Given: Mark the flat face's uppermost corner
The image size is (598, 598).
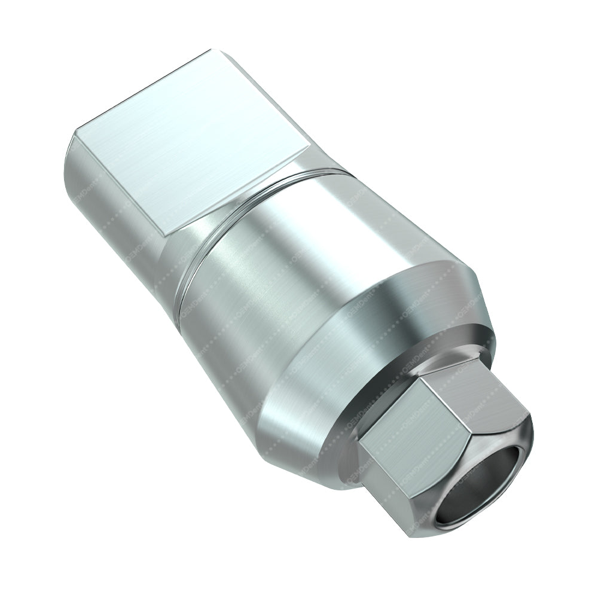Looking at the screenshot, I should [210, 50].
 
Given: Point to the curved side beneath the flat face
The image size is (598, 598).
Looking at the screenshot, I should [108, 203].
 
